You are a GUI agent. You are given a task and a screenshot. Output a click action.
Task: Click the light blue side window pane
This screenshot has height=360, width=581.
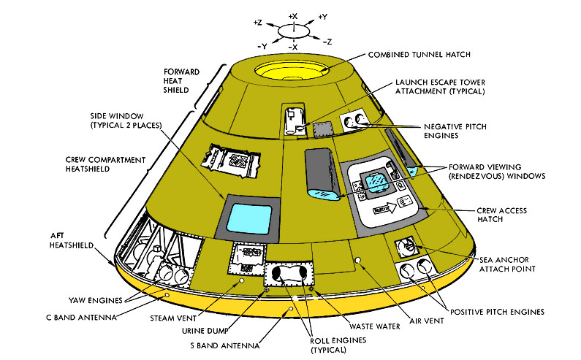pos(251,218)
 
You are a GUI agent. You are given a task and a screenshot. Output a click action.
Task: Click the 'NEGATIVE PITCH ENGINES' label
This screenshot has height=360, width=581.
pos(454,131)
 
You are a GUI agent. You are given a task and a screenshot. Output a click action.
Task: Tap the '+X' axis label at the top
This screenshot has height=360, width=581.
pos(293,15)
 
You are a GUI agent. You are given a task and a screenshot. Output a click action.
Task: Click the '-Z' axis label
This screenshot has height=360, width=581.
pos(328,41)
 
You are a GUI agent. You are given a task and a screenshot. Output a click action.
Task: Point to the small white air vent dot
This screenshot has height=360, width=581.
pos(357,260)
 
